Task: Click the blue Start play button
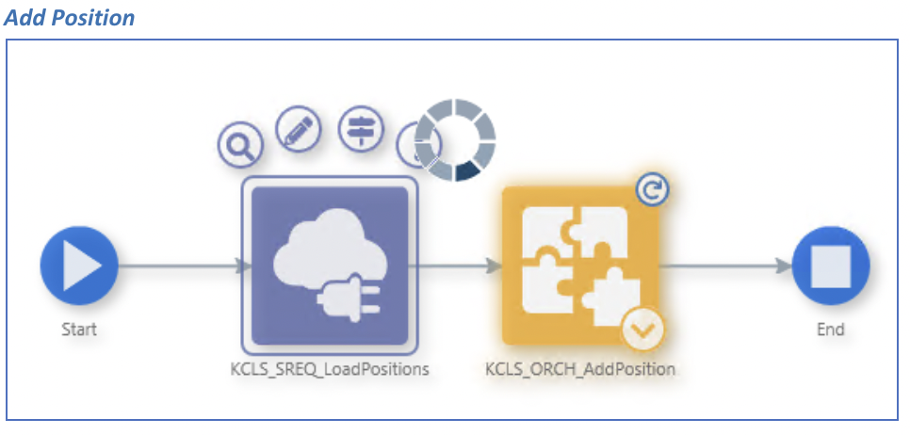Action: pyautogui.click(x=79, y=266)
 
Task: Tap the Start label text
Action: pyautogui.click(x=79, y=330)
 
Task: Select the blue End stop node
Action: pyautogui.click(x=830, y=266)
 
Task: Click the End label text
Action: pyautogui.click(x=830, y=330)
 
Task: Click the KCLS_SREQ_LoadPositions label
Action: pyautogui.click(x=328, y=369)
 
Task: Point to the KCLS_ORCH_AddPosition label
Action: pyautogui.click(x=580, y=369)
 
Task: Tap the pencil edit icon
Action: pyautogui.click(x=298, y=129)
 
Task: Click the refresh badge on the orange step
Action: pyautogui.click(x=649, y=190)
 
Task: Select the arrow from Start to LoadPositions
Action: pyautogui.click(x=179, y=266)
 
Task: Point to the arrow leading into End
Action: pyautogui.click(x=724, y=266)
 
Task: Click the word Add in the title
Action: pyautogui.click(x=24, y=18)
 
